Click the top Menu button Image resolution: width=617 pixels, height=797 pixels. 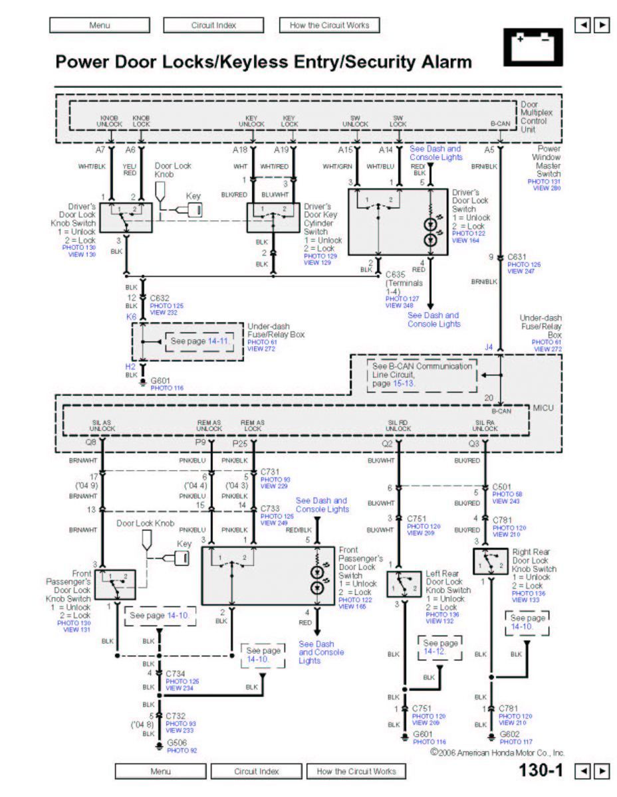point(99,25)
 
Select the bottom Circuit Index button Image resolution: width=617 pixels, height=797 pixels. point(256,772)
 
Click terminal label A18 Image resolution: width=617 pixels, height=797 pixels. point(240,150)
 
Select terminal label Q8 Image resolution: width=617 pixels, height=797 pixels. point(91,442)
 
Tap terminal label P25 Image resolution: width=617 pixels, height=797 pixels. point(240,442)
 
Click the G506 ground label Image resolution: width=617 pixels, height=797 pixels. point(177,742)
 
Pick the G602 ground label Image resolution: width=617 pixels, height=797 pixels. point(511,734)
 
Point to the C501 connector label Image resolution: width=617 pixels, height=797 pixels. point(503,487)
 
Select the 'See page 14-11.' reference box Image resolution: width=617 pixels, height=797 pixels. point(199,341)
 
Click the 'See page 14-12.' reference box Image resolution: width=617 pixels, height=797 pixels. point(440,648)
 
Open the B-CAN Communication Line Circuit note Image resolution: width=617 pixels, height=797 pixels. point(422,375)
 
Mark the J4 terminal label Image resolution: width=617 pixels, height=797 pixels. point(489,347)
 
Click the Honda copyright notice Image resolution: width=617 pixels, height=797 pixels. point(497,753)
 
